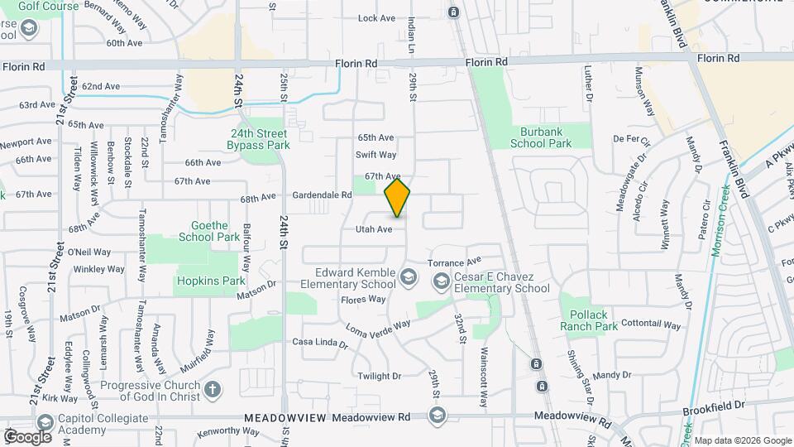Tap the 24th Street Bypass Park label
point(259,139)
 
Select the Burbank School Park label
point(541,137)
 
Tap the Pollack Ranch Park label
point(594,320)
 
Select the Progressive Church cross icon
point(213,389)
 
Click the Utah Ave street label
point(374,229)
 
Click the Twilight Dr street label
point(380,376)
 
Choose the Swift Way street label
point(376,155)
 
